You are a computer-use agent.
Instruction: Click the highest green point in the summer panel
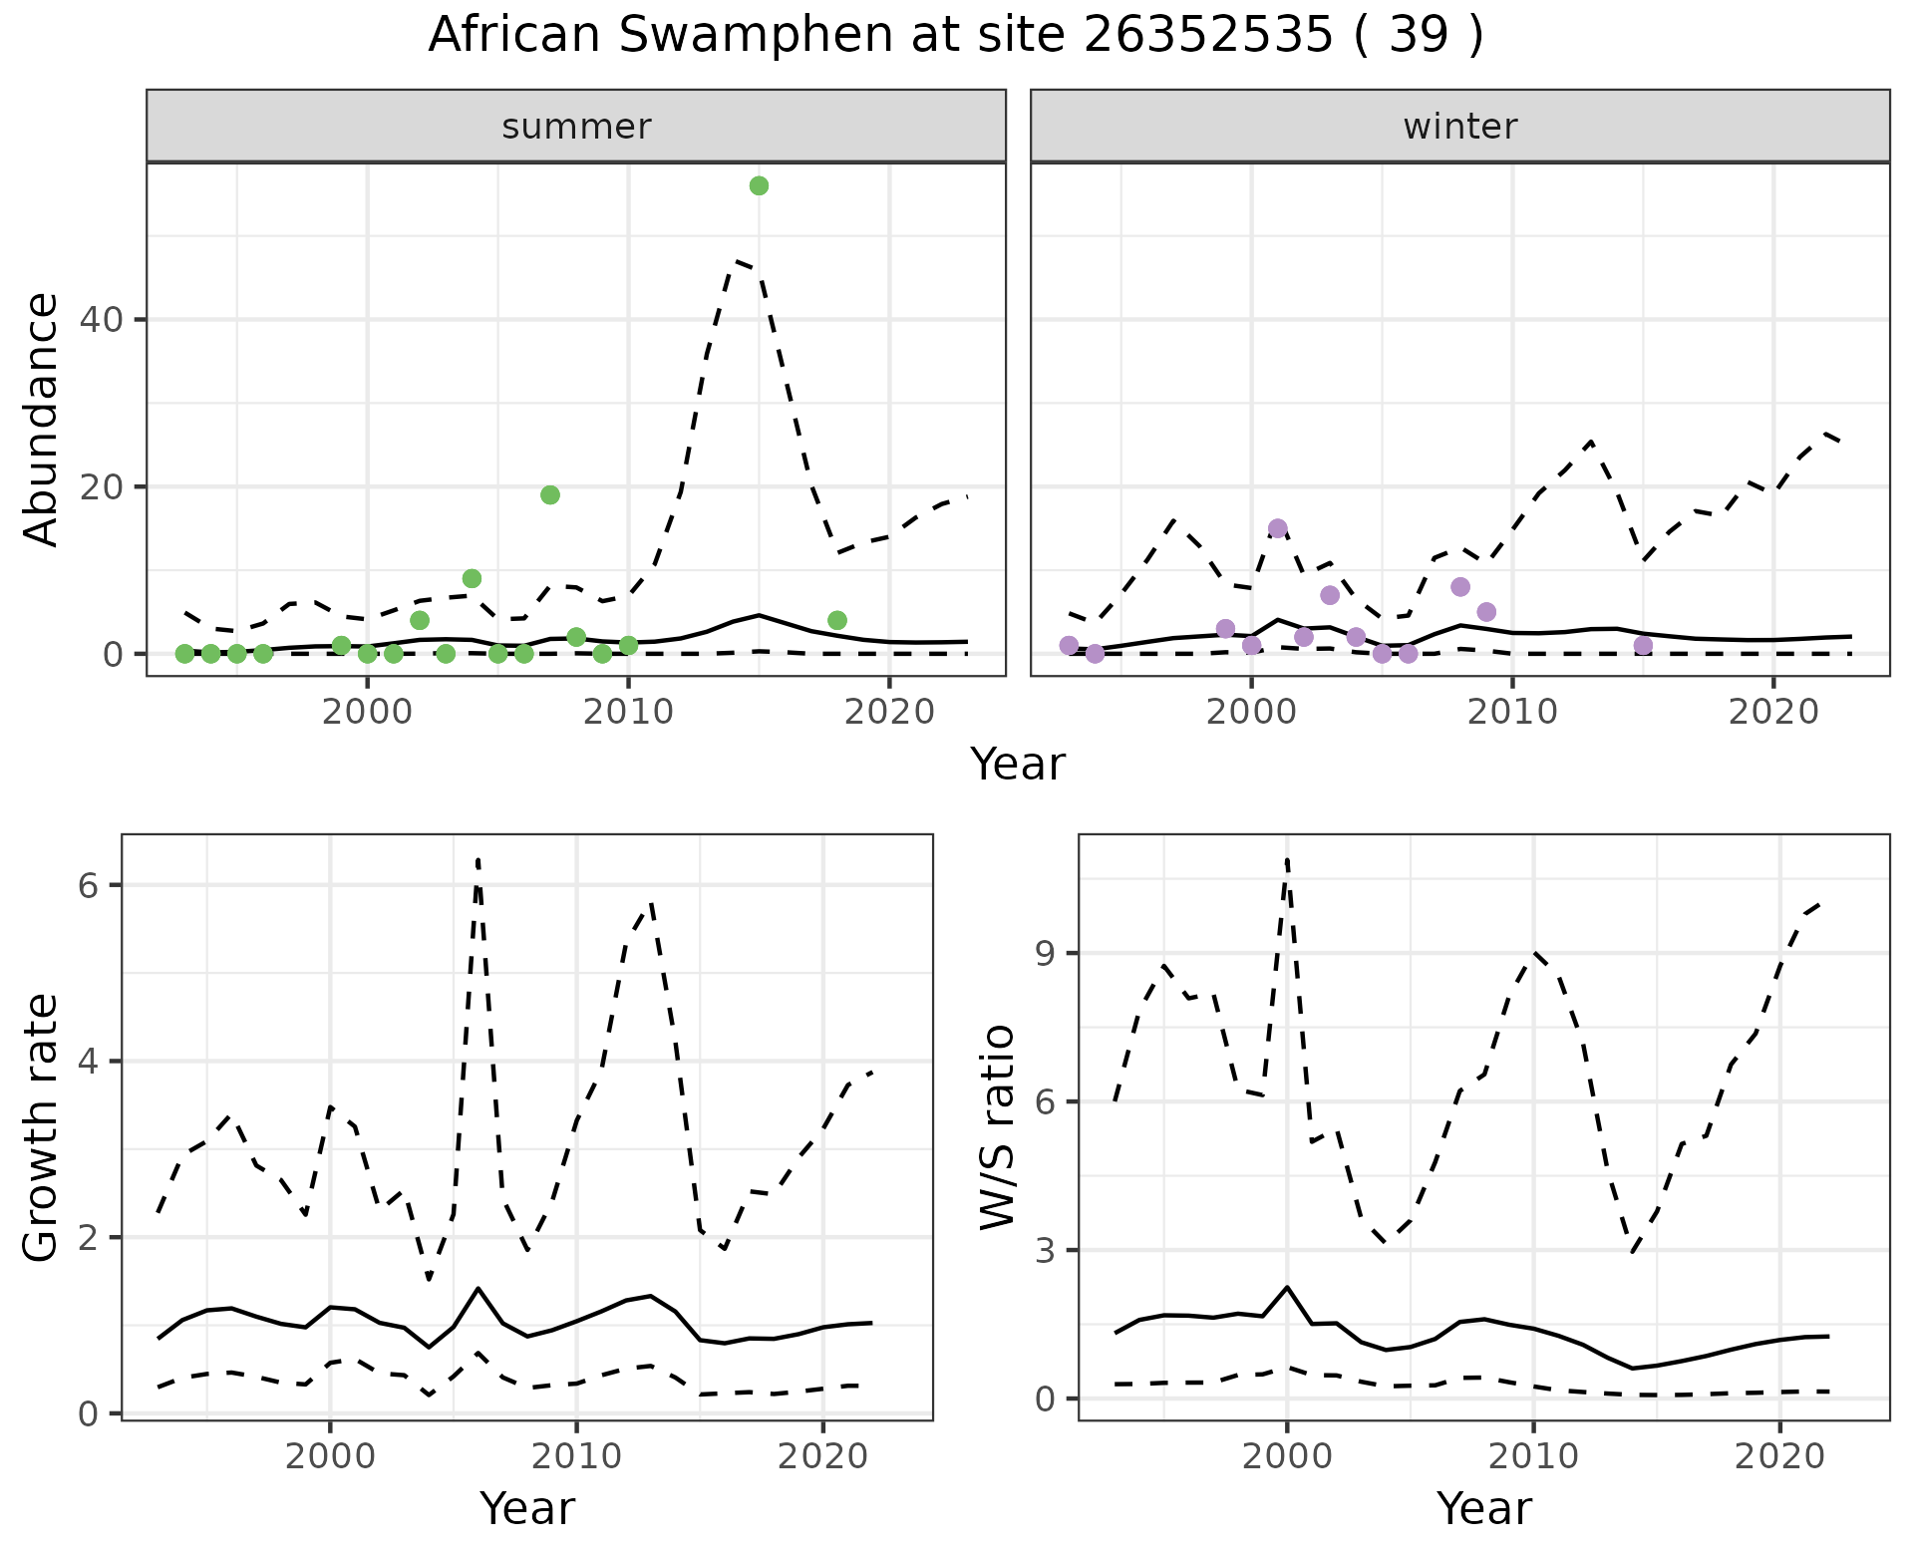click(x=759, y=186)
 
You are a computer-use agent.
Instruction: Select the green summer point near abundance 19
click(x=550, y=495)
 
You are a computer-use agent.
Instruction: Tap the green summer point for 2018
click(x=837, y=621)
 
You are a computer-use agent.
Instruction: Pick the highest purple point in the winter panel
click(x=1278, y=528)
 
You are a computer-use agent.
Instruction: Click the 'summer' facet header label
click(x=576, y=127)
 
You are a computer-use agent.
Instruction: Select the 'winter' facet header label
click(x=1460, y=127)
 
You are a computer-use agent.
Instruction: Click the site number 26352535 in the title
click(x=1207, y=36)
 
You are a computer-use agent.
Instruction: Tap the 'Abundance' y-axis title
click(x=42, y=420)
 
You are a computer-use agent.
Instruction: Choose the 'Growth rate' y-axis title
click(x=42, y=1127)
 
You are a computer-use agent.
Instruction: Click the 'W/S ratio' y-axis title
click(x=998, y=1127)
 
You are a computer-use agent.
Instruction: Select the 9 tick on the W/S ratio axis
click(x=1045, y=954)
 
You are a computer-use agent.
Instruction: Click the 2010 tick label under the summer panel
click(x=628, y=712)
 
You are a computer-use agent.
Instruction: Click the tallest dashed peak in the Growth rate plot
click(x=478, y=859)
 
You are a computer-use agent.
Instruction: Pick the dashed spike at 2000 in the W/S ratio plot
click(x=1287, y=859)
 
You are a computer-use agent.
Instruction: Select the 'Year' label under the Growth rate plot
click(x=527, y=1509)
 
